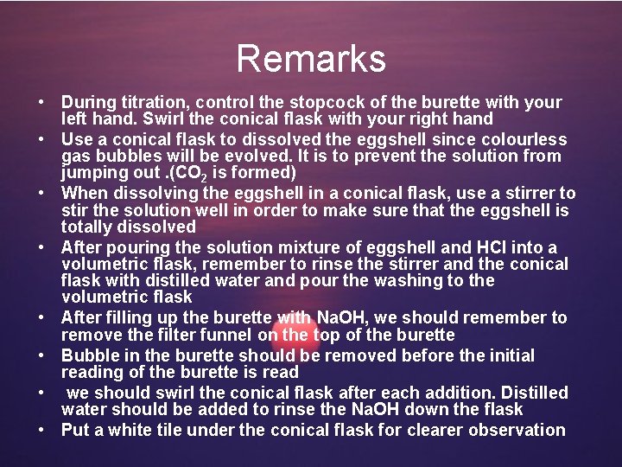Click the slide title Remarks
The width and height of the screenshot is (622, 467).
coord(311,60)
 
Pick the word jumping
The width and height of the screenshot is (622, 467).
coord(94,172)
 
